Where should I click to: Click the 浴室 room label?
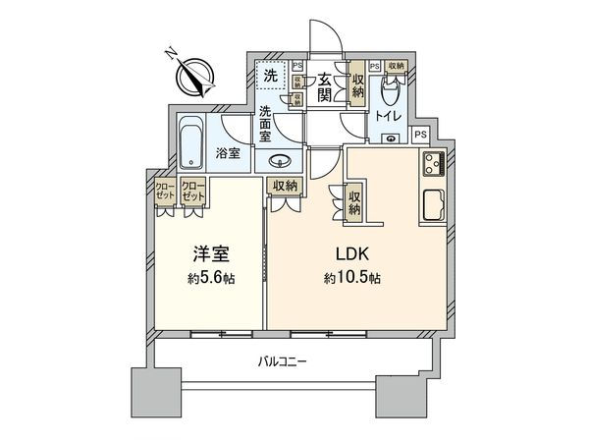click(x=229, y=154)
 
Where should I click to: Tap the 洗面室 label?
click(x=265, y=125)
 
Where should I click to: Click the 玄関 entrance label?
click(x=323, y=83)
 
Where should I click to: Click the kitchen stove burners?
click(x=433, y=166)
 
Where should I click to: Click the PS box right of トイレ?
click(x=420, y=135)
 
